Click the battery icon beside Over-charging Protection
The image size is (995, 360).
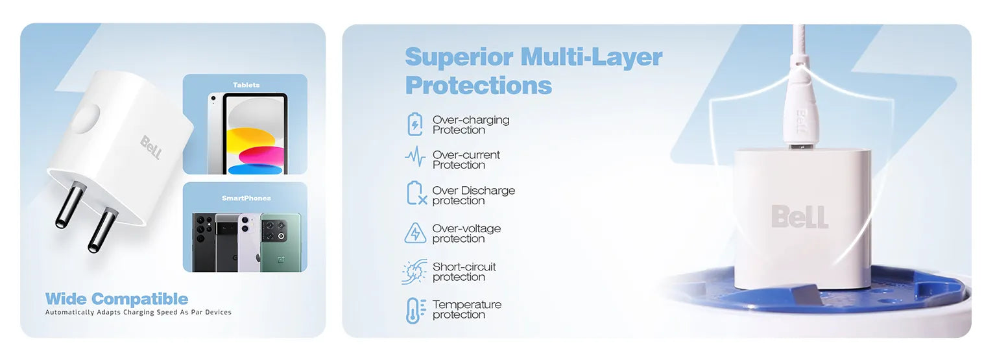click(415, 125)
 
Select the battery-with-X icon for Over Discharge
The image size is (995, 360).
click(416, 193)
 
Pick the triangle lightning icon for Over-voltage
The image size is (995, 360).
click(415, 233)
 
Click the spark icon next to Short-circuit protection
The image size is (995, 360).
click(414, 272)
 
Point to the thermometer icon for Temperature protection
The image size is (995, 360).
click(416, 310)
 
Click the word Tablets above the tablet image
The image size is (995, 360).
click(246, 85)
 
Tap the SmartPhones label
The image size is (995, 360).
click(246, 198)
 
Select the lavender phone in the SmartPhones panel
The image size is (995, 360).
click(249, 242)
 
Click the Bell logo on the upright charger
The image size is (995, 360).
click(800, 217)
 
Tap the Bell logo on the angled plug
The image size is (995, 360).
click(151, 147)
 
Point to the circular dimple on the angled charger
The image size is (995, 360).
click(87, 119)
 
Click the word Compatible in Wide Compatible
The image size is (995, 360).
click(146, 298)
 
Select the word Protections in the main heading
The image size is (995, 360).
click(479, 86)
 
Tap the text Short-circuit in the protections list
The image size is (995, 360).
click(464, 267)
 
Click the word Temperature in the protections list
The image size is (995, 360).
click(467, 304)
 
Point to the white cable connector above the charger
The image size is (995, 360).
click(798, 106)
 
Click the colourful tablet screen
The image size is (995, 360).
click(256, 136)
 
